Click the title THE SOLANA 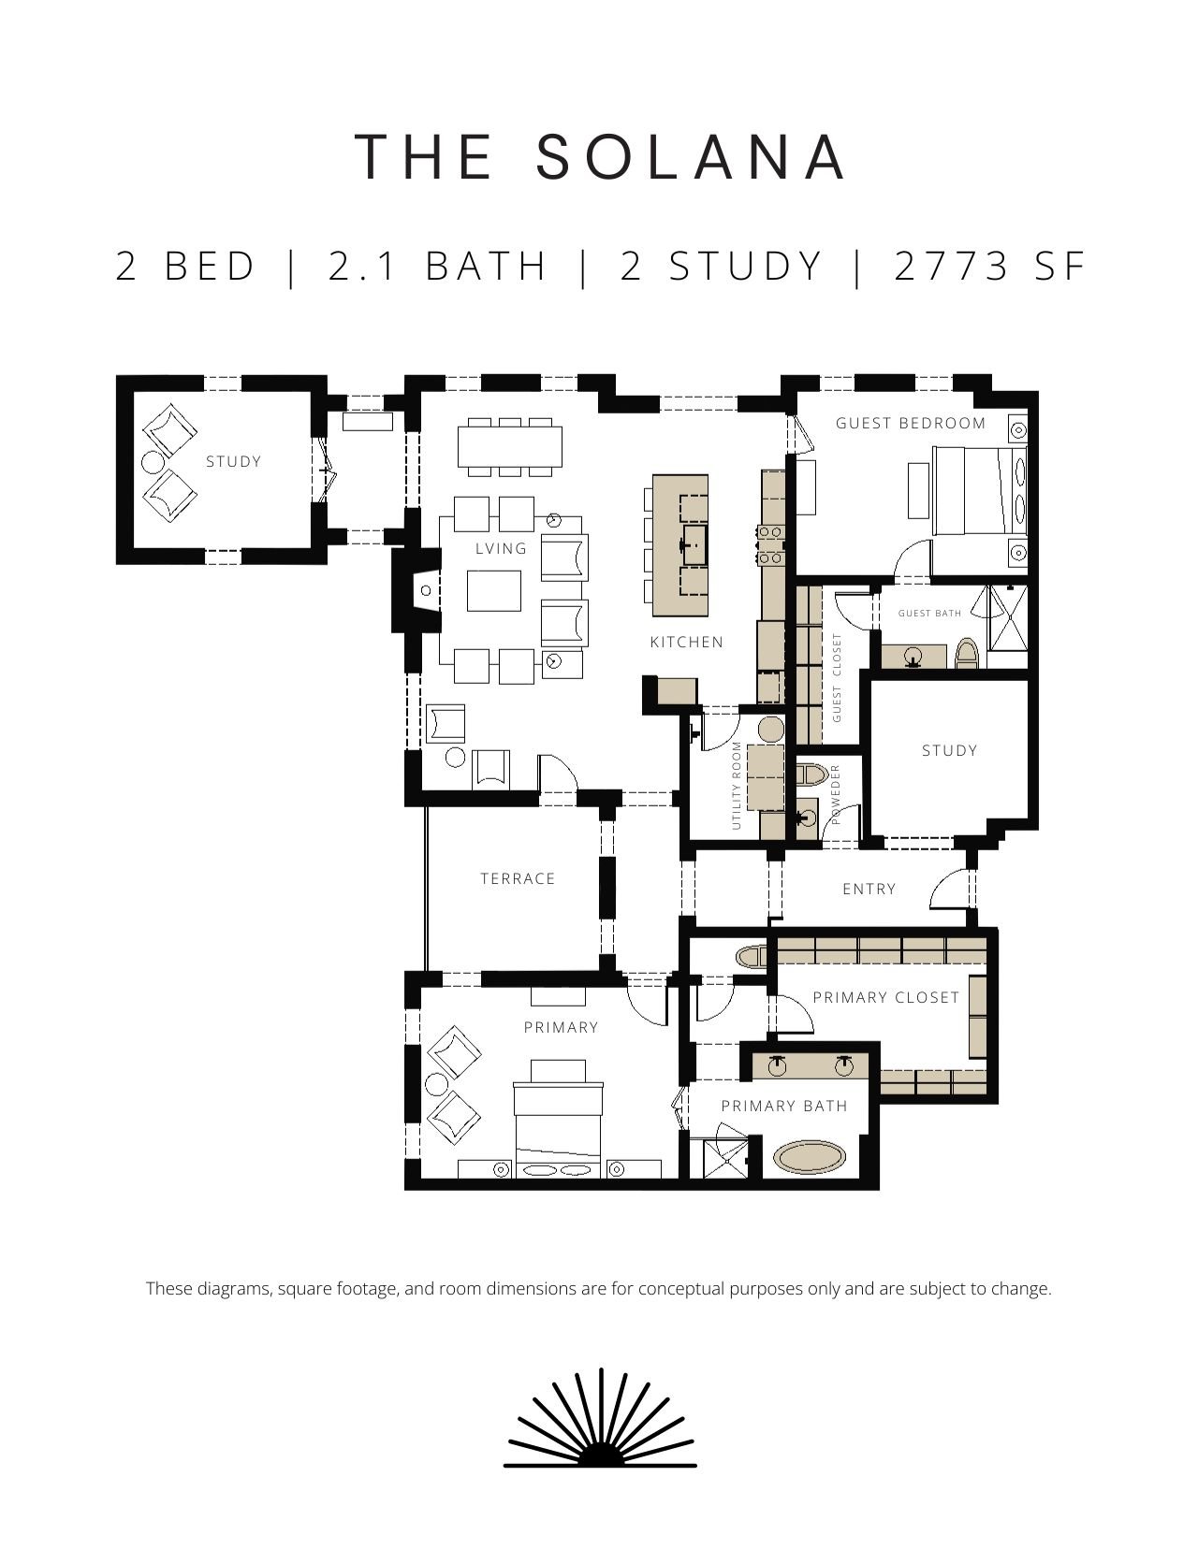pyautogui.click(x=600, y=157)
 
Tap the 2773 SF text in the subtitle pyautogui.click(x=990, y=267)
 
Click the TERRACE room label pyautogui.click(x=518, y=879)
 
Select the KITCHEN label pyautogui.click(x=687, y=643)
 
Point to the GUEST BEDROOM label pyautogui.click(x=911, y=424)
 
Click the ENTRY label pyautogui.click(x=869, y=889)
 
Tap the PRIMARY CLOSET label pyautogui.click(x=886, y=997)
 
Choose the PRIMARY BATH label pyautogui.click(x=784, y=1107)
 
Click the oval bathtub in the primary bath pyautogui.click(x=811, y=1158)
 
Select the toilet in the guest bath pyautogui.click(x=966, y=653)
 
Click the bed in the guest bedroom pyautogui.click(x=980, y=490)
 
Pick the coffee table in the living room pyautogui.click(x=494, y=591)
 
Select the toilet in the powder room pyautogui.click(x=811, y=774)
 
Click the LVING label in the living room pyautogui.click(x=502, y=549)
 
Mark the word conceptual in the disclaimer pyautogui.click(x=680, y=1289)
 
